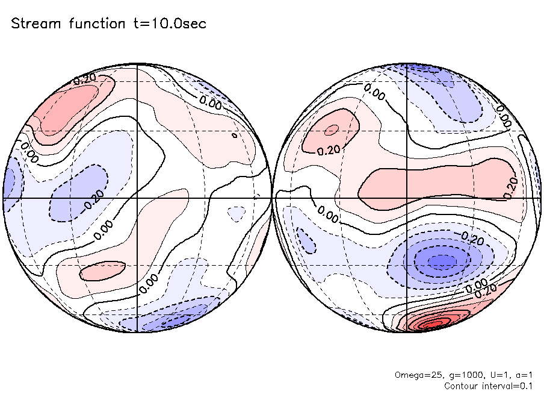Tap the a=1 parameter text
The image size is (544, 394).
tap(521, 375)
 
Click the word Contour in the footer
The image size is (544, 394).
tap(460, 385)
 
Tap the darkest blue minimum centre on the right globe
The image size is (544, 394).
tap(443, 261)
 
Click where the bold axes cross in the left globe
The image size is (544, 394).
tap(138, 198)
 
